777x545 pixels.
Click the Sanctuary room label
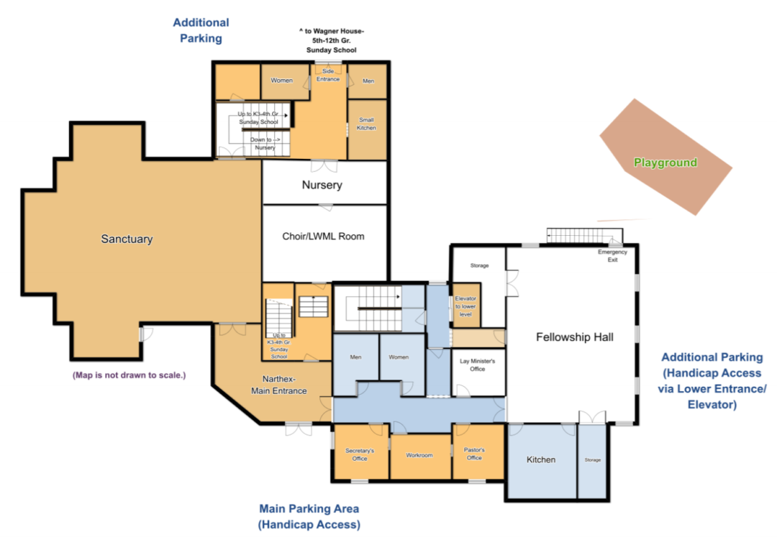point(127,239)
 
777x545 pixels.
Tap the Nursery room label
point(322,185)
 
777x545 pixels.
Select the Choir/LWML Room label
point(323,237)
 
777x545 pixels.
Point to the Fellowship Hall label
point(574,337)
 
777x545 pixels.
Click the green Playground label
point(665,162)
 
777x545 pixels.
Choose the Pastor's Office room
point(478,452)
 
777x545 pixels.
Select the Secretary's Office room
point(360,452)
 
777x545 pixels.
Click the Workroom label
point(419,455)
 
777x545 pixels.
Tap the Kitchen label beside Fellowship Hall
point(540,460)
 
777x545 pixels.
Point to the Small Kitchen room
point(367,129)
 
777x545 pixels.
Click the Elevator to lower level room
point(465,305)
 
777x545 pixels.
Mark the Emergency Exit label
point(612,256)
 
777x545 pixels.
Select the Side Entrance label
point(328,75)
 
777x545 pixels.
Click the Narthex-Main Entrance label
point(278,385)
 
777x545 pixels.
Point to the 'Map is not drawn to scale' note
point(129,375)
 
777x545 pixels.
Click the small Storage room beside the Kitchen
point(592,461)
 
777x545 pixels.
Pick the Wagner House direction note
point(331,40)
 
